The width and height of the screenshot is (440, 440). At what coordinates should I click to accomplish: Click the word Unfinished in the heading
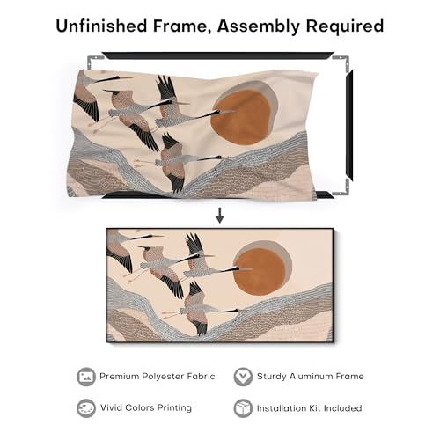102,26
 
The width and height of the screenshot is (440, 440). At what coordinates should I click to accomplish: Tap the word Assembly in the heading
259,26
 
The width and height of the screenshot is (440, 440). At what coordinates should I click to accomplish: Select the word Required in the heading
345,26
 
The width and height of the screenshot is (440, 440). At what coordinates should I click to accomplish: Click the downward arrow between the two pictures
220,216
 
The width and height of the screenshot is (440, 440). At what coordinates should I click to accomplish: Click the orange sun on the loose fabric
242,117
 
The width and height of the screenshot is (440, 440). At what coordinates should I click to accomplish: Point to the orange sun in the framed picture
260,272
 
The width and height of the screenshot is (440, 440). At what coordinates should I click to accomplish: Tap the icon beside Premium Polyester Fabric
86,377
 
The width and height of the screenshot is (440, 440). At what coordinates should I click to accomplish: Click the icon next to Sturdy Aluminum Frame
243,377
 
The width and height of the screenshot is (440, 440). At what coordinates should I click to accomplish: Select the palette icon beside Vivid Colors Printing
86,408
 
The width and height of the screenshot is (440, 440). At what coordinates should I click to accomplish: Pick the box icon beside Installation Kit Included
243,408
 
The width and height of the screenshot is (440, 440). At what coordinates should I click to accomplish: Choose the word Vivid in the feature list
111,407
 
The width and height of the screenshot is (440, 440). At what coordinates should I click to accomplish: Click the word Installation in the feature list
279,408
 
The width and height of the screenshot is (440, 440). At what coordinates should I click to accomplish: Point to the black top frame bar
218,55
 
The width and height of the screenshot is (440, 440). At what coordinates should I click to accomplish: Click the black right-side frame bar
349,126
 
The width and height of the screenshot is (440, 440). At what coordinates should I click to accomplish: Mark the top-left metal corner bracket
94,61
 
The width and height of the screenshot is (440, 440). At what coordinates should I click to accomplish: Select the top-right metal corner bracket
342,62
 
